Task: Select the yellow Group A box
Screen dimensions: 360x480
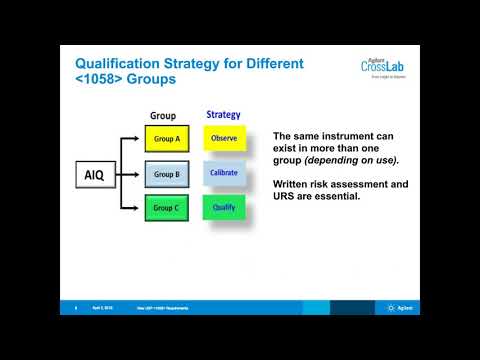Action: [165, 138]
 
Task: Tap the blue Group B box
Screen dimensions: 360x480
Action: [165, 173]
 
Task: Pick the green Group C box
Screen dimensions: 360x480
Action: [165, 208]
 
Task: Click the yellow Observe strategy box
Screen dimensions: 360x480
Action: [224, 138]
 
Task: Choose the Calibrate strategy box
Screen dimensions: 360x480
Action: [224, 173]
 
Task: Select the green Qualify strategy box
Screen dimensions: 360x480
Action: [224, 208]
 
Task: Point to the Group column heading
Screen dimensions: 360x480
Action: [163, 115]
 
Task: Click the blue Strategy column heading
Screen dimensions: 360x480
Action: [223, 114]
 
